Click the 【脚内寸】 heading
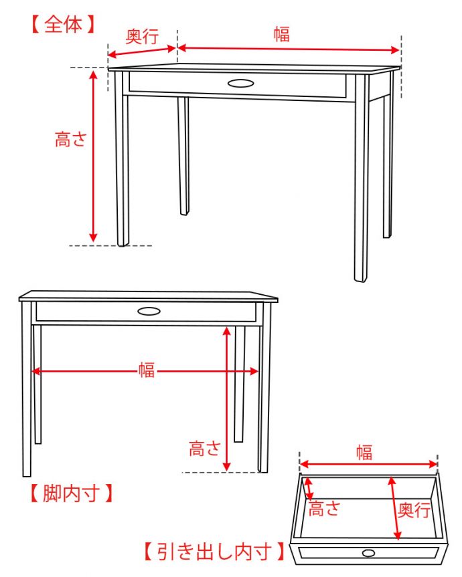coord(69,494)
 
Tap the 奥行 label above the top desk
coord(142,37)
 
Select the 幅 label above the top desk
coord(282,35)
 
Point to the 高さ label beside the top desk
coord(71,140)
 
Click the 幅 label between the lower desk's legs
coord(147,370)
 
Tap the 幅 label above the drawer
coord(364,453)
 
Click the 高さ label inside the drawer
coord(324,509)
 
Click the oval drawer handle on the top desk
coord(241,84)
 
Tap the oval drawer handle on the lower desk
coord(149,311)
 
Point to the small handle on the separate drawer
coord(368,553)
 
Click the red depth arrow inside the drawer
coord(394,507)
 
